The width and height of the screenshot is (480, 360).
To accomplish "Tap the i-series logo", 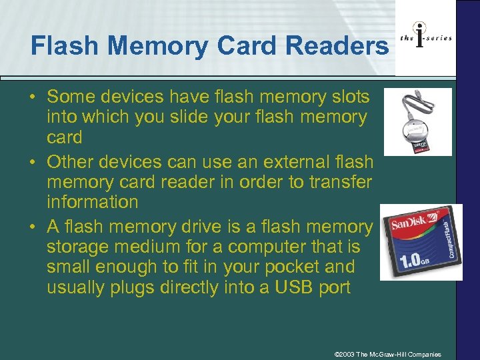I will point(425,38).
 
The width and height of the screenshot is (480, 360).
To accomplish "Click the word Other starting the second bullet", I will point(71,161).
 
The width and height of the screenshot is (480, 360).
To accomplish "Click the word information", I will point(93,201).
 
